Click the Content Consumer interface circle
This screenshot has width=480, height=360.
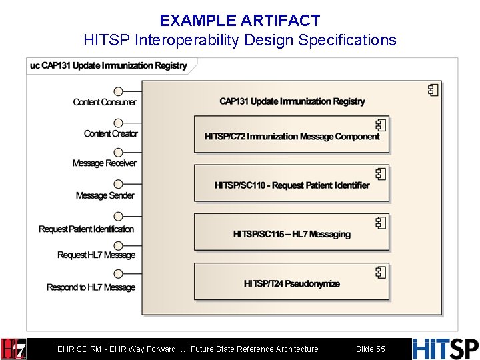pyautogui.click(x=118, y=91)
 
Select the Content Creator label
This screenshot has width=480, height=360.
pyautogui.click(x=111, y=134)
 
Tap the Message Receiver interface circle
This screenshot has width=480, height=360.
pyautogui.click(x=118, y=154)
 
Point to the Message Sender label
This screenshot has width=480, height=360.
pyautogui.click(x=105, y=196)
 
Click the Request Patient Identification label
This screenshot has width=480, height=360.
pyautogui.click(x=86, y=229)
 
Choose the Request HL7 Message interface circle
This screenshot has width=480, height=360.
pyautogui.click(x=118, y=245)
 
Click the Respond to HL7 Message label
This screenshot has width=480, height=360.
pyautogui.click(x=91, y=288)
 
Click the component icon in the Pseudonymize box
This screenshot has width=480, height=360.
pyautogui.click(x=381, y=272)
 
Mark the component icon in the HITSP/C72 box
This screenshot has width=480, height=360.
pyautogui.click(x=381, y=125)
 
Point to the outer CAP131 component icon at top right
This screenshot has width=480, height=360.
pyautogui.click(x=433, y=89)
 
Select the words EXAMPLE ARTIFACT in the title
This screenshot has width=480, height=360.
pyautogui.click(x=239, y=21)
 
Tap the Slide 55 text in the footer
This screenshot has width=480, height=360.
pyautogui.click(x=371, y=349)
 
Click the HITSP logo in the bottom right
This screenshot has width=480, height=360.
pyautogui.click(x=445, y=349)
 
